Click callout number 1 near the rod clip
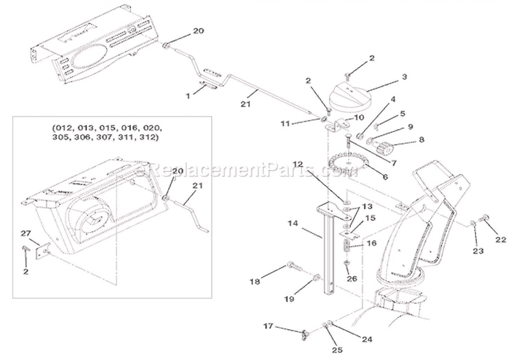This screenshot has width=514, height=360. [188, 97]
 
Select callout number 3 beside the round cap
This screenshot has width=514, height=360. [405, 77]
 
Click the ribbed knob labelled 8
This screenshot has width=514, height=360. [393, 145]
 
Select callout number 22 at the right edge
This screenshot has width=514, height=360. [501, 239]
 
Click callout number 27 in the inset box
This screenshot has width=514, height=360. [25, 234]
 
